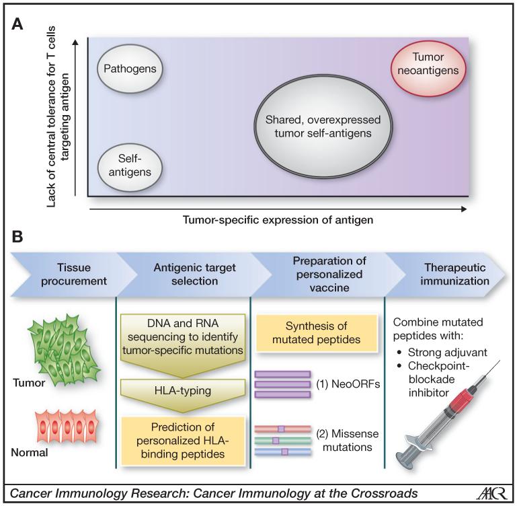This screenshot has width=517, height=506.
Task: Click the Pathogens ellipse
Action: (131, 69)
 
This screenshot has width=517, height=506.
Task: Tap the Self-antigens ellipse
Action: (130, 163)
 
